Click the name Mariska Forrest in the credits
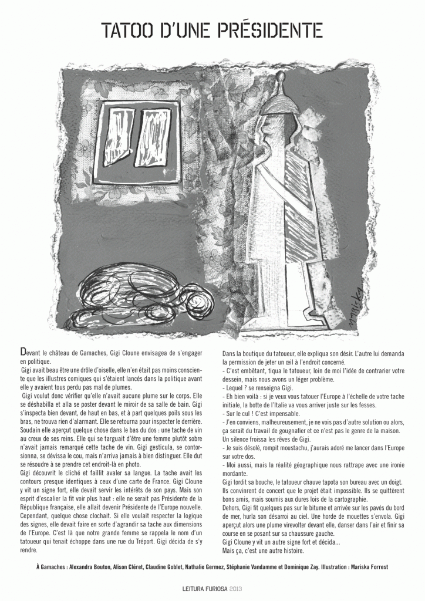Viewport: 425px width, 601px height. coord(369,568)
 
